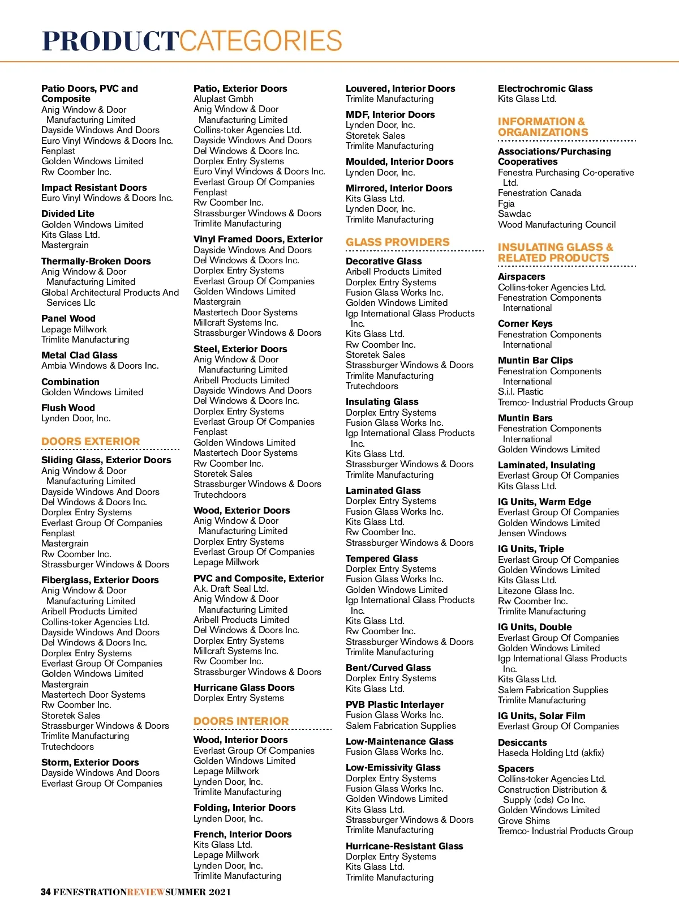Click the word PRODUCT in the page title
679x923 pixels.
[x=110, y=41]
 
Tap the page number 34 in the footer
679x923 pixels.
[x=46, y=892]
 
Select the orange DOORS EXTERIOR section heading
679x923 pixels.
[x=91, y=441]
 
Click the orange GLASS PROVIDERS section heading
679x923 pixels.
[x=398, y=242]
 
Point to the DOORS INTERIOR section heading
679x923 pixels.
[x=241, y=721]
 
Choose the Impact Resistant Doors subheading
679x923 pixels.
[x=94, y=187]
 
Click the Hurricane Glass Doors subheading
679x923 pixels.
[x=244, y=687]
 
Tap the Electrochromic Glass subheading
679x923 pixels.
[x=545, y=88]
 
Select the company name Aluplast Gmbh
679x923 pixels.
[x=224, y=99]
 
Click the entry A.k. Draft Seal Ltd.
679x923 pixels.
[x=231, y=588]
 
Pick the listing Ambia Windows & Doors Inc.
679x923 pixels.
[x=100, y=365]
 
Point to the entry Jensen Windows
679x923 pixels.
[x=532, y=533]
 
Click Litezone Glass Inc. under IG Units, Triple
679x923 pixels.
[x=536, y=591]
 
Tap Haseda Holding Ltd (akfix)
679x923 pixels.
[x=551, y=753]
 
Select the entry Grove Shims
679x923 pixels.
[x=524, y=821]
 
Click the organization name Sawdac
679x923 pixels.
[x=514, y=213]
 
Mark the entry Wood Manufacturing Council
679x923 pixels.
[x=557, y=224]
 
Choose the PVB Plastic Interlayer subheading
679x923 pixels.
[x=394, y=704]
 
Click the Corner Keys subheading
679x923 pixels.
[x=525, y=323]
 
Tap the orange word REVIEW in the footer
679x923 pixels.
[x=146, y=892]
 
